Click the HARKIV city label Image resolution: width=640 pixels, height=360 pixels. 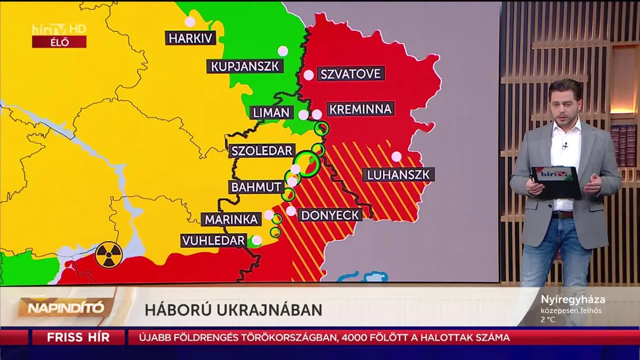coord(191,38)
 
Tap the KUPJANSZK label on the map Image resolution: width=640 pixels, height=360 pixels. coord(245,66)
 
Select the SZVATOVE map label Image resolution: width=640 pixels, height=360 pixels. coord(351,74)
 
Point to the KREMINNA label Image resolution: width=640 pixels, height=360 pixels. coord(361,109)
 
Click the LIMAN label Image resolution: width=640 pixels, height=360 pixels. coord(271,113)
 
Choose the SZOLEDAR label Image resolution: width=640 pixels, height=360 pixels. coord(261,151)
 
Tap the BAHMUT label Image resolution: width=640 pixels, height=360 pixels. coord(257,187)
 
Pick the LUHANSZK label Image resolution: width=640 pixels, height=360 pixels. coord(398,175)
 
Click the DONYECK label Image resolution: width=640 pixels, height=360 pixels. coord(330,215)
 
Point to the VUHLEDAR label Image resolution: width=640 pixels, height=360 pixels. coord(213,241)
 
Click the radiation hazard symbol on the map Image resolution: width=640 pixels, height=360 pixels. coord(109,256)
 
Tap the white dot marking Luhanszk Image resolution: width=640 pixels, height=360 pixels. coord(396,157)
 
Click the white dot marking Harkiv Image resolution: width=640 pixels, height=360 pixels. coord(190,21)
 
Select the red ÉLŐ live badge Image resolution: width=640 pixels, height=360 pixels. coord(59,42)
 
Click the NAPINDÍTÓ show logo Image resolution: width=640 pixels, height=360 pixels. coord(66,308)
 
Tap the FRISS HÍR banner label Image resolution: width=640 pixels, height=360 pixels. coord(78,338)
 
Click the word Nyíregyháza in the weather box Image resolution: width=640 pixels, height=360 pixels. coord(573,300)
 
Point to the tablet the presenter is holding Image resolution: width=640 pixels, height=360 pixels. coord(556,181)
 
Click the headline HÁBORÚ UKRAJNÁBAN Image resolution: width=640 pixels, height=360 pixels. coord(233,310)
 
